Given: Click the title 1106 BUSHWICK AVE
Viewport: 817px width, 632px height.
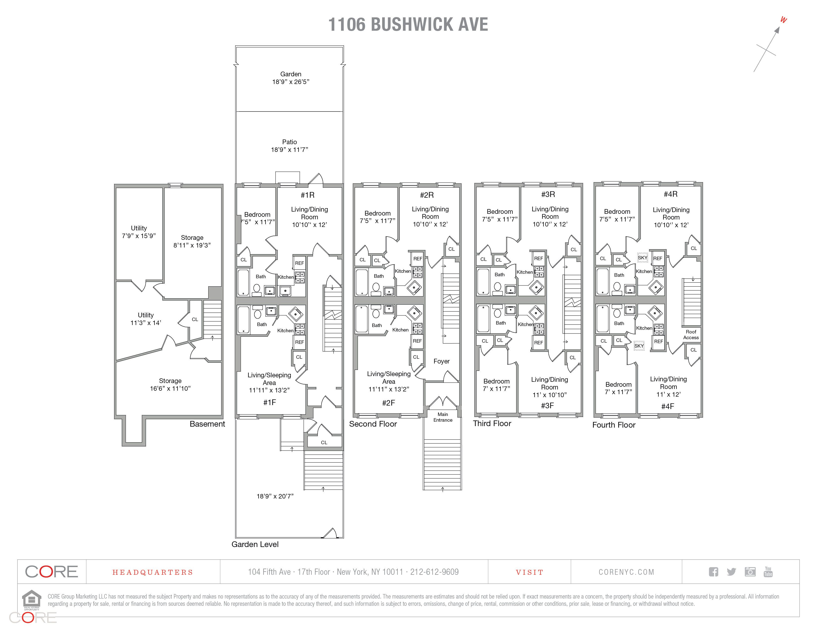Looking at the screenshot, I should tap(408, 25).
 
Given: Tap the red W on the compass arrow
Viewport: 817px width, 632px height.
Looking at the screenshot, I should tap(783, 20).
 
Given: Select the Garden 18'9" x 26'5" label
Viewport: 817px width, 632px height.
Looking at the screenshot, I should tap(291, 78).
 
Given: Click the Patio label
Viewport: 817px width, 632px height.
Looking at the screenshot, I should tap(290, 142).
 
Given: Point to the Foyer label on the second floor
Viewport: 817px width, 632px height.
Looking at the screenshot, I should tap(442, 361).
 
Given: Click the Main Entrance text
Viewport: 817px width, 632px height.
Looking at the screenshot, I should tap(443, 417).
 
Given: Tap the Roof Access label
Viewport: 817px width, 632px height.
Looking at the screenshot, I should tap(691, 335).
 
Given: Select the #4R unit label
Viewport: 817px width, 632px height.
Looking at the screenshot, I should tap(670, 194).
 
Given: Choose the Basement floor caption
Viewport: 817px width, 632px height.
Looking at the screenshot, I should tap(207, 424).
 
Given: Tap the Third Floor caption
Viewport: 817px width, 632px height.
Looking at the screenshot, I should tap(492, 423).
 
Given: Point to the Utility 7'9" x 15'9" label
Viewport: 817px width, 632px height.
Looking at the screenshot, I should tap(139, 232).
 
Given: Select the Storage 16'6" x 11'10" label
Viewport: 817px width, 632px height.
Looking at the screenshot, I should tap(170, 385).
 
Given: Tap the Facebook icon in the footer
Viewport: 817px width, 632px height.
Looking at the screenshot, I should tap(713, 572).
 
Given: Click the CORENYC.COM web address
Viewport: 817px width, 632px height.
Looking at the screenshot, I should tap(626, 572).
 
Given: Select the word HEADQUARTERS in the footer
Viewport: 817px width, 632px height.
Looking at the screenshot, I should tap(153, 573).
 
